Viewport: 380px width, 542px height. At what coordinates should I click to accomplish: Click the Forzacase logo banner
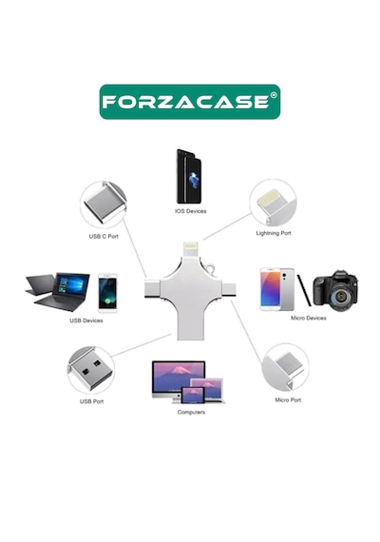click(x=190, y=102)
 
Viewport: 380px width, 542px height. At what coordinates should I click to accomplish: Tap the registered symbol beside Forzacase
click(x=274, y=95)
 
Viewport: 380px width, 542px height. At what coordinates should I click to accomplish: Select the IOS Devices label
click(x=190, y=211)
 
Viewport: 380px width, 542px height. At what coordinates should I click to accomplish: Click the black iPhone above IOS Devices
click(x=189, y=176)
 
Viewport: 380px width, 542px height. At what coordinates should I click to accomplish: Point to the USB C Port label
click(x=104, y=237)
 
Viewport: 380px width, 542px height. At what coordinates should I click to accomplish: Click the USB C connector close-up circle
click(x=104, y=204)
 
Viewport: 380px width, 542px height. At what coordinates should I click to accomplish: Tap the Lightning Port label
click(x=274, y=233)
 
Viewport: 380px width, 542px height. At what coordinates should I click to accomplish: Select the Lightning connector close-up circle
click(x=274, y=203)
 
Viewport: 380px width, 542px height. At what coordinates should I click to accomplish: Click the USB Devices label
click(x=86, y=320)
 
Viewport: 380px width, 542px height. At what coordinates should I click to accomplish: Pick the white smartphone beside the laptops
click(x=107, y=293)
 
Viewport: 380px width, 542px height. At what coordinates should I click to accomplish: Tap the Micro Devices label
click(x=309, y=318)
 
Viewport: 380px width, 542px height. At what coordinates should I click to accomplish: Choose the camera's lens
click(x=340, y=297)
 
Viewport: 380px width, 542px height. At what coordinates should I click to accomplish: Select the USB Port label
click(x=91, y=401)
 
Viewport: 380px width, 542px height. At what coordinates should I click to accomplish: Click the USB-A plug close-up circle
click(x=91, y=370)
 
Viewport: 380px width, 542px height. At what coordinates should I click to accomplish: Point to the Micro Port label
click(x=288, y=400)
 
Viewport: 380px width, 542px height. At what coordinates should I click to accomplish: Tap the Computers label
click(x=191, y=412)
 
